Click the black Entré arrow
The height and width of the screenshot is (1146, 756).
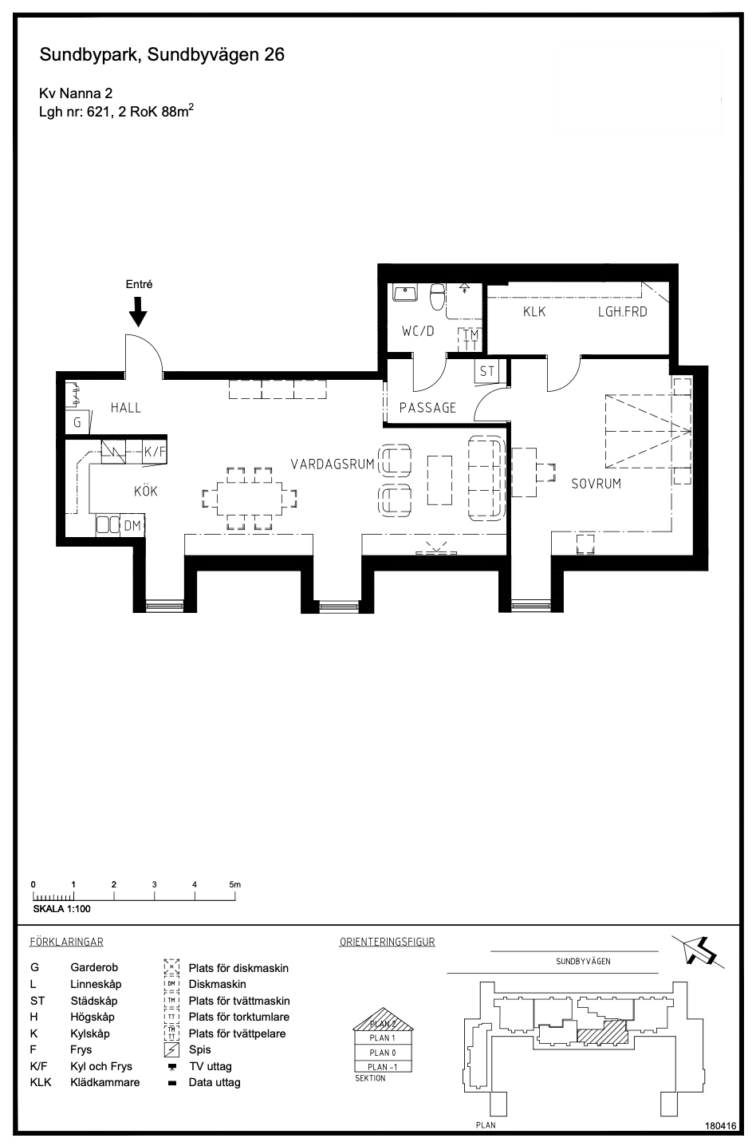pyautogui.click(x=138, y=311)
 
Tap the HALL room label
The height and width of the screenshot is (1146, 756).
pyautogui.click(x=126, y=408)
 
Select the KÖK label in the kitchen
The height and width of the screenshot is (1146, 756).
pyautogui.click(x=146, y=491)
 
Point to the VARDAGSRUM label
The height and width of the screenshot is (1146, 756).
pyautogui.click(x=333, y=464)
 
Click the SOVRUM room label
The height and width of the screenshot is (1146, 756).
pyautogui.click(x=596, y=484)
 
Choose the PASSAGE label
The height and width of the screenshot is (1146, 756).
pyautogui.click(x=427, y=408)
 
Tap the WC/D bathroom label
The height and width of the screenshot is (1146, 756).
pyautogui.click(x=418, y=331)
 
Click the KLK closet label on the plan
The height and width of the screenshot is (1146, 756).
pyautogui.click(x=534, y=311)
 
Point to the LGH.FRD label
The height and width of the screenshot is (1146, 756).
pyautogui.click(x=623, y=311)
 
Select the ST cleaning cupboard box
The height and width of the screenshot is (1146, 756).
pyautogui.click(x=487, y=371)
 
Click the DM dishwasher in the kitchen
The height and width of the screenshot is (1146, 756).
pyautogui.click(x=132, y=525)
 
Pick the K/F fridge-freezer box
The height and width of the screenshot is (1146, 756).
pyautogui.click(x=154, y=452)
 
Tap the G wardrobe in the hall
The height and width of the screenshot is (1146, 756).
pyautogui.click(x=77, y=422)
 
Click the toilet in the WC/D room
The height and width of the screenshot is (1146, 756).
pyautogui.click(x=438, y=297)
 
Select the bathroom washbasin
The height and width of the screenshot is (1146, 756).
pyautogui.click(x=405, y=293)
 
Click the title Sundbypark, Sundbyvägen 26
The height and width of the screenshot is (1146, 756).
pyautogui.click(x=162, y=55)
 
